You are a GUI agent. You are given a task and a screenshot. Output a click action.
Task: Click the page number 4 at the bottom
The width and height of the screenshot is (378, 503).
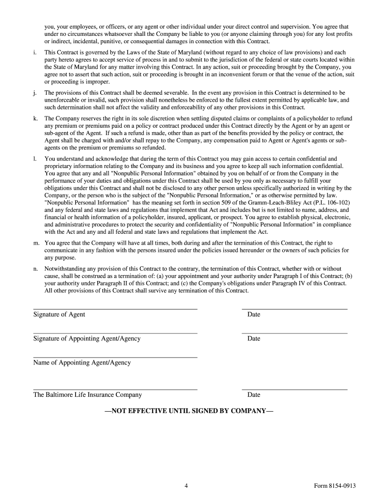click(x=187, y=486)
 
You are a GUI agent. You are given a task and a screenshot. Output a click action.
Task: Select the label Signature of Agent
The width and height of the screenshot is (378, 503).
click(x=59, y=314)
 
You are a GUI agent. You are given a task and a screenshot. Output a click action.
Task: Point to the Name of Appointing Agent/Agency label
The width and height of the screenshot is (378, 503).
click(x=82, y=363)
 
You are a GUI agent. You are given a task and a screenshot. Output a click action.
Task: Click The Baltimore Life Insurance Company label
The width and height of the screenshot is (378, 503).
click(x=87, y=394)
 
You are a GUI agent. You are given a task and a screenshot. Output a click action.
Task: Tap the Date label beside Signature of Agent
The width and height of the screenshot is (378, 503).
click(x=254, y=314)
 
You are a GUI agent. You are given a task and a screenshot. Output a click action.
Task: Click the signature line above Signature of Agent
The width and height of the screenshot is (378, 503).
click(x=115, y=309)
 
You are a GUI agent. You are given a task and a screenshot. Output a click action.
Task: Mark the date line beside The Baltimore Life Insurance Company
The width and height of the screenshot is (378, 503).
click(x=295, y=390)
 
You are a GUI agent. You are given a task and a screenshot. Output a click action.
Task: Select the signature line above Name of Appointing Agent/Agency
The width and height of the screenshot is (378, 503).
click(x=115, y=357)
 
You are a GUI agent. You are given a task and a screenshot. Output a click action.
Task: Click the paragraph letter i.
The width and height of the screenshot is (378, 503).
click(x=34, y=52)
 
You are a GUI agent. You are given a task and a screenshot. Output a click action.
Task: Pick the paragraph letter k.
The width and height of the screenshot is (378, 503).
click(x=35, y=118)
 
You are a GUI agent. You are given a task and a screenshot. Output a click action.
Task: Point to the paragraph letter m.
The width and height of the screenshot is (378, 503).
click(x=36, y=243)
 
